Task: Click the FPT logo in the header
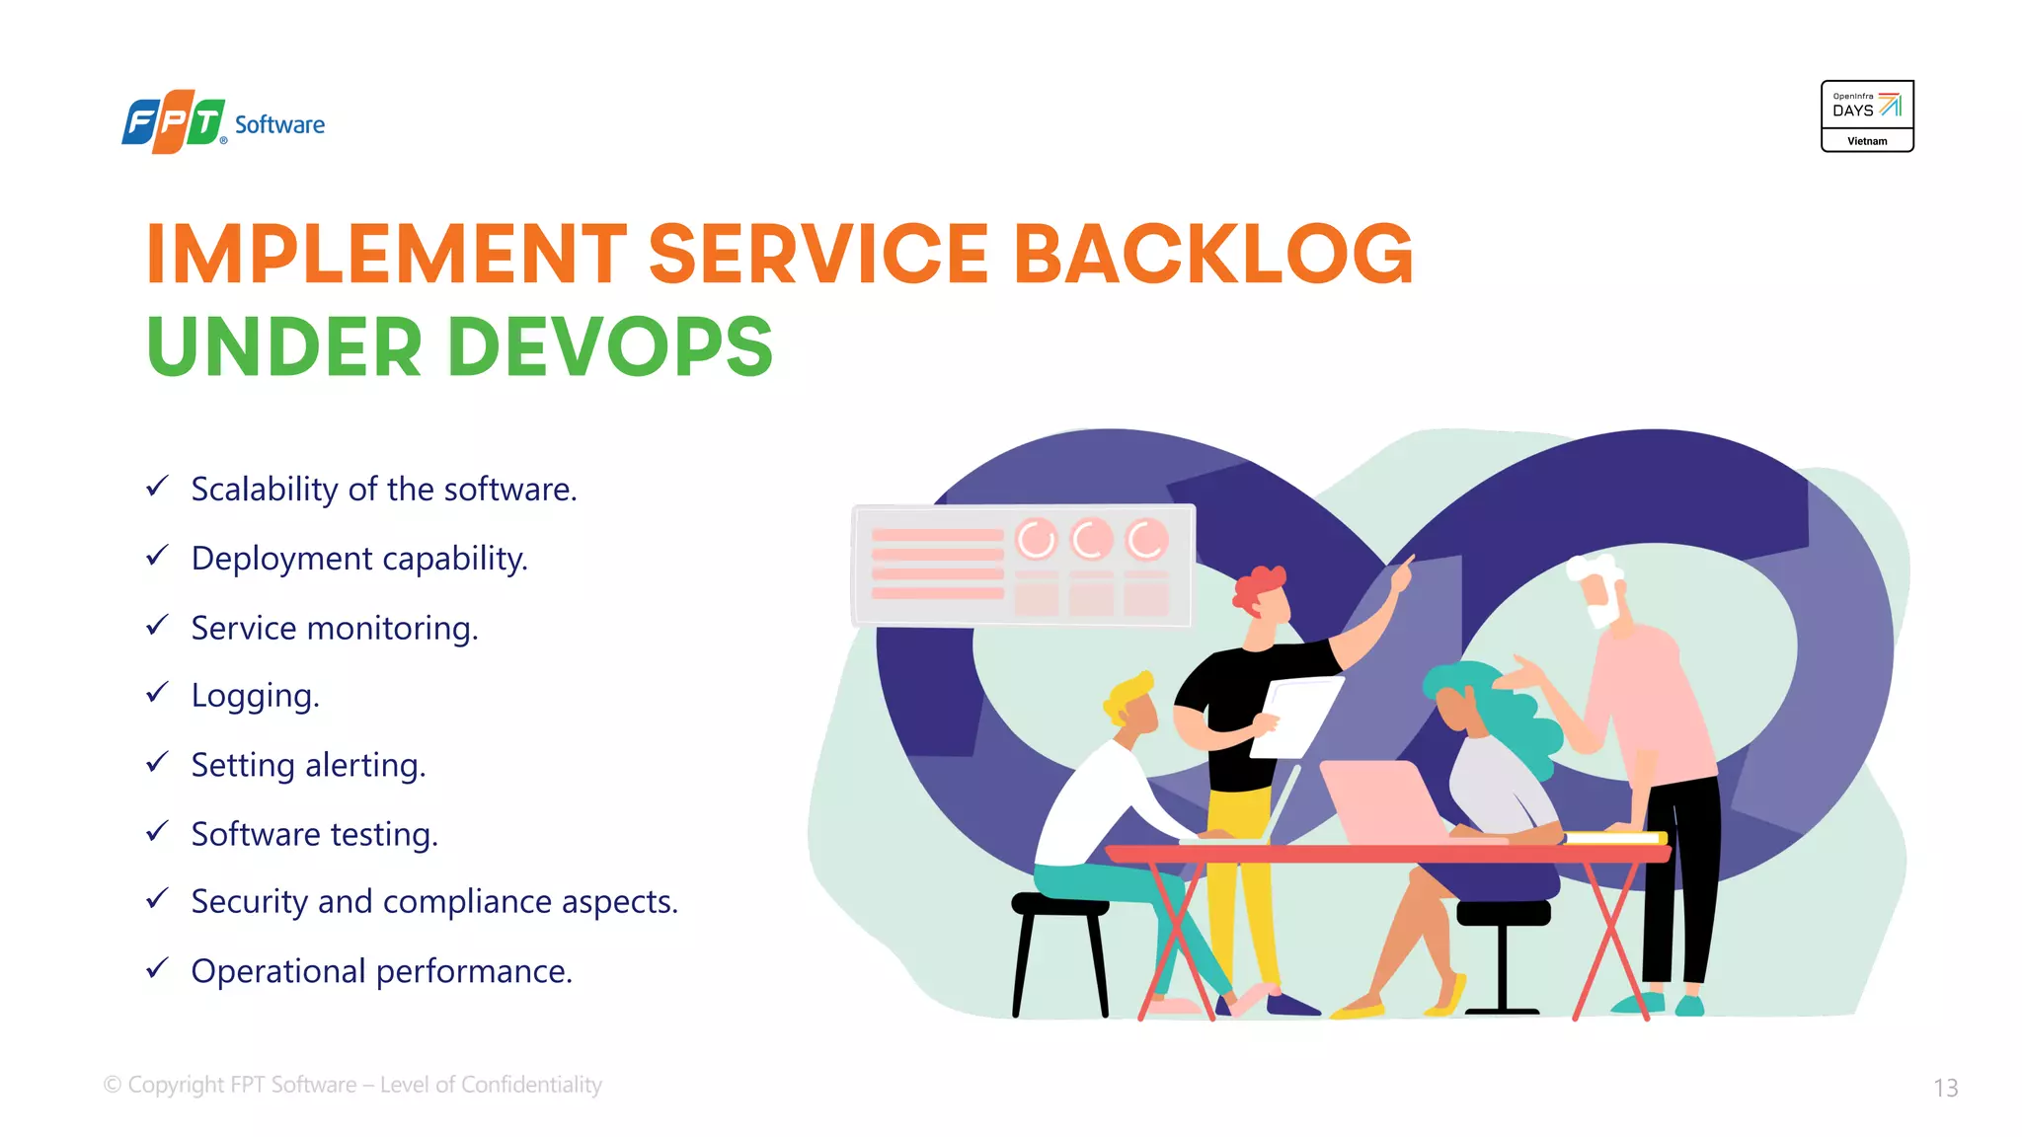pyautogui.click(x=174, y=123)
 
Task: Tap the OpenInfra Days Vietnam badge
pyautogui.click(x=1867, y=116)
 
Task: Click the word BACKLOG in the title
pyautogui.click(x=1213, y=254)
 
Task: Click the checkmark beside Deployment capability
pyautogui.click(x=157, y=557)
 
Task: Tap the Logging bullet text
pyautogui.click(x=255, y=696)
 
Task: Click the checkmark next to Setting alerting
pyautogui.click(x=157, y=763)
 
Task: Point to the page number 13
pyautogui.click(x=1945, y=1088)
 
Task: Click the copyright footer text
pyautogui.click(x=352, y=1085)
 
